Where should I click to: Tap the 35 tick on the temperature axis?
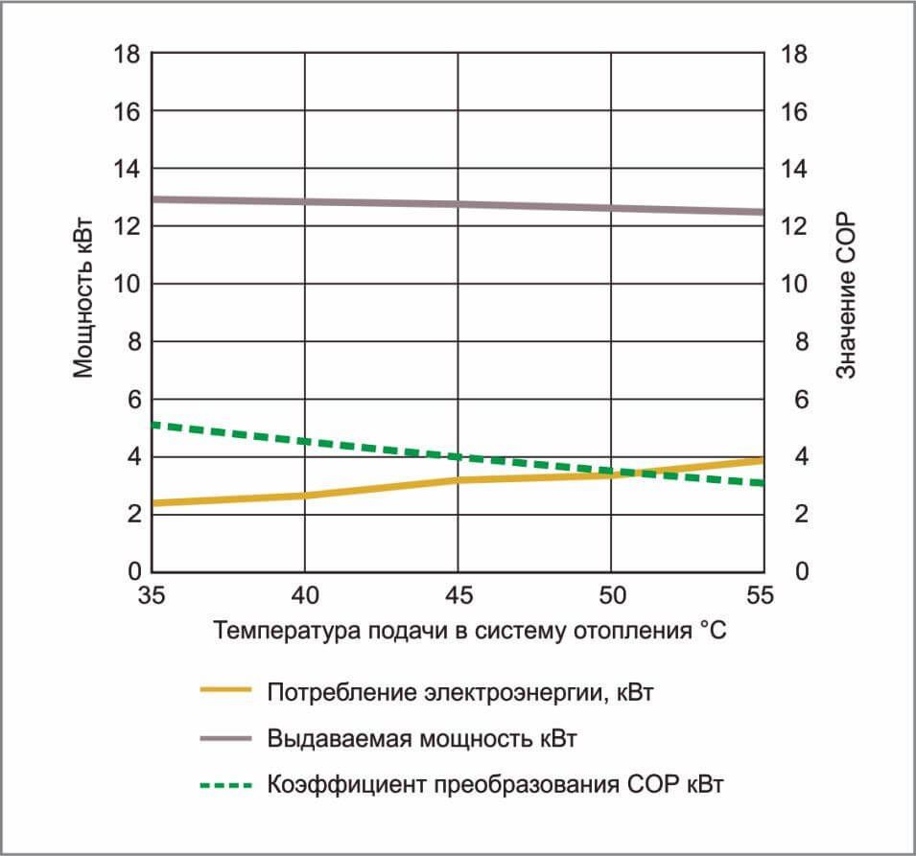point(152,595)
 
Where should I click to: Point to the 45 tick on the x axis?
point(458,595)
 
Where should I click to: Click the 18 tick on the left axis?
point(129,55)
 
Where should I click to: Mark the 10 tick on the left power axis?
point(129,284)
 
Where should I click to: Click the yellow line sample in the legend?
point(224,690)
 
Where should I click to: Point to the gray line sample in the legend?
point(224,737)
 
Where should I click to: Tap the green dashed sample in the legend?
point(224,784)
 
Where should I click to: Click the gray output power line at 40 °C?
point(305,201)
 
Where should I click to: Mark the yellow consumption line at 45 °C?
point(458,479)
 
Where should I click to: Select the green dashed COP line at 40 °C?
point(305,441)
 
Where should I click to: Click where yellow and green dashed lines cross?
point(634,472)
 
